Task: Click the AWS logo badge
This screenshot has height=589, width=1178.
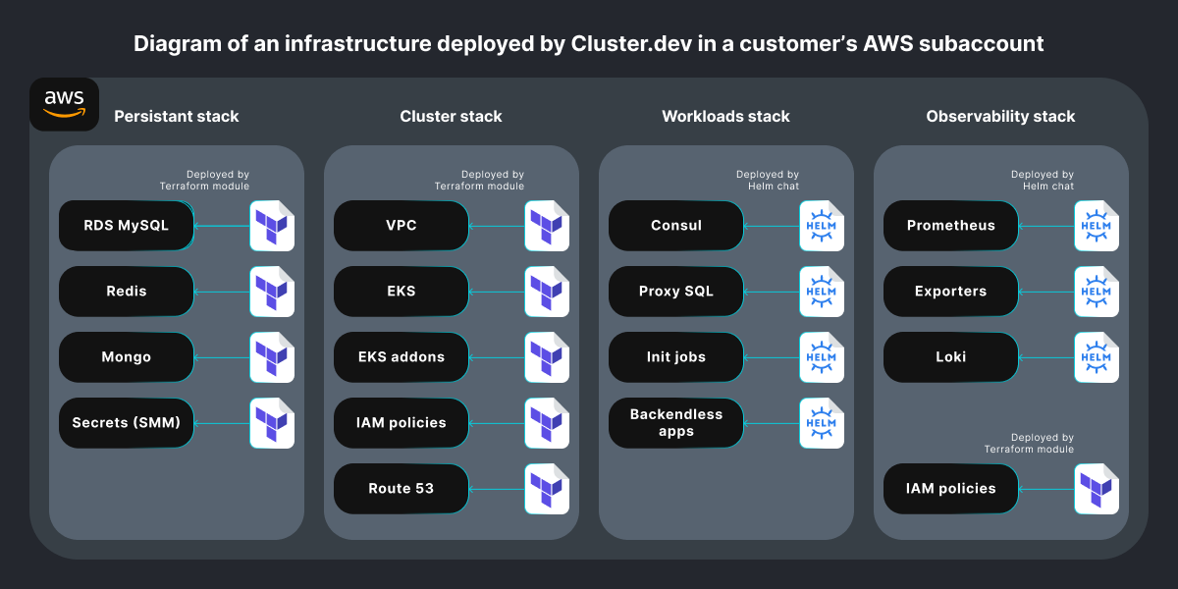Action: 64,104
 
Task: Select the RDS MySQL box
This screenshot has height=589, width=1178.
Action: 127,226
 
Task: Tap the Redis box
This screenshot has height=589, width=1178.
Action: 127,292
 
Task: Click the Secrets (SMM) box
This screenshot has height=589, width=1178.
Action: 127,423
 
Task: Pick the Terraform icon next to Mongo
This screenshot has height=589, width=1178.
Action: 272,357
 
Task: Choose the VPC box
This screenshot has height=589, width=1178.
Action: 402,226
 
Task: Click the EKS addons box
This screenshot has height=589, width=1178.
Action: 402,357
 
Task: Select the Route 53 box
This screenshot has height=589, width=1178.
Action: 402,489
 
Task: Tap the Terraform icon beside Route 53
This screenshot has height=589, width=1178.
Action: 547,489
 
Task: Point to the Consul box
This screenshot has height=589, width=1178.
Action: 675,226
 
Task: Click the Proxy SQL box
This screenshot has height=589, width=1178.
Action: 675,292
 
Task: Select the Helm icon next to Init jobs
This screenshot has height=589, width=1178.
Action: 822,357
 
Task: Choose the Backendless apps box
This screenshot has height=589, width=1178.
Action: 675,423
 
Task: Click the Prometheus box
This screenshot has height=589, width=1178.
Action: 951,226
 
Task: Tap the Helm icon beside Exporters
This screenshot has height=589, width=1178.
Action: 1097,292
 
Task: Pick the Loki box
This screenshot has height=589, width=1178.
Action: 951,357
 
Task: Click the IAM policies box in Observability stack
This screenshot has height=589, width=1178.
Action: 951,489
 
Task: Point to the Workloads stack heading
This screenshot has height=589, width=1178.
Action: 725,116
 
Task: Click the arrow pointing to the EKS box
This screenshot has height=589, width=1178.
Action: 497,292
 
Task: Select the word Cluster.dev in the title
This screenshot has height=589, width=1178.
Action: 631,43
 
